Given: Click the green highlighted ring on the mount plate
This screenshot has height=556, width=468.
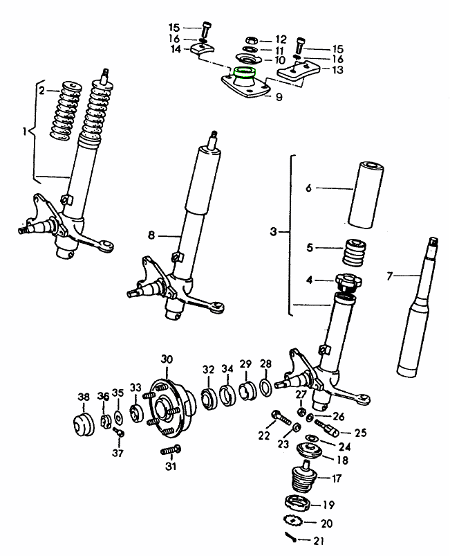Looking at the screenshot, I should (x=245, y=71).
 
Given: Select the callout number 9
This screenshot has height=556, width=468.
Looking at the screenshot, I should (x=279, y=98).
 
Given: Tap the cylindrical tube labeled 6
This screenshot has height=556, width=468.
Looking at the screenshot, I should (x=367, y=194).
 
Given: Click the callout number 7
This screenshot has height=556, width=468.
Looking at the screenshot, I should (x=389, y=276).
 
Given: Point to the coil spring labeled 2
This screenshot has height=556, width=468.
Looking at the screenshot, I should (x=66, y=111).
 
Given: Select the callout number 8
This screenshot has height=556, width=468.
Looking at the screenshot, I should (x=151, y=235).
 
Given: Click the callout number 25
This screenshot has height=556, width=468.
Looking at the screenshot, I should (x=360, y=433).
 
